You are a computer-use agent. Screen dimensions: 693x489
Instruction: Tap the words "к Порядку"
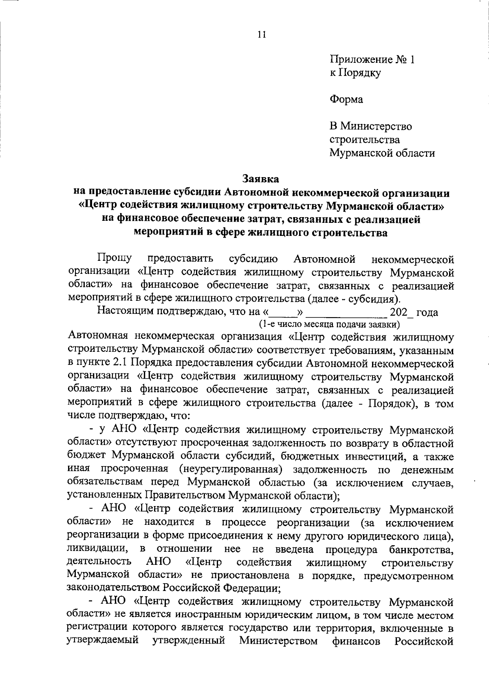[x=355, y=73]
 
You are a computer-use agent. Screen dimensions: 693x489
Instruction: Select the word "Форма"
[x=346, y=99]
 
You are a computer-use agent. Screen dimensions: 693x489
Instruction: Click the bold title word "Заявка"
[x=261, y=178]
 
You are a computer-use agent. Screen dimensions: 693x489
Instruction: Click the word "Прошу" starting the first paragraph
[x=115, y=259]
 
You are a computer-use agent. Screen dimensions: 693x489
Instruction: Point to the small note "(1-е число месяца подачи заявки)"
[x=329, y=324]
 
